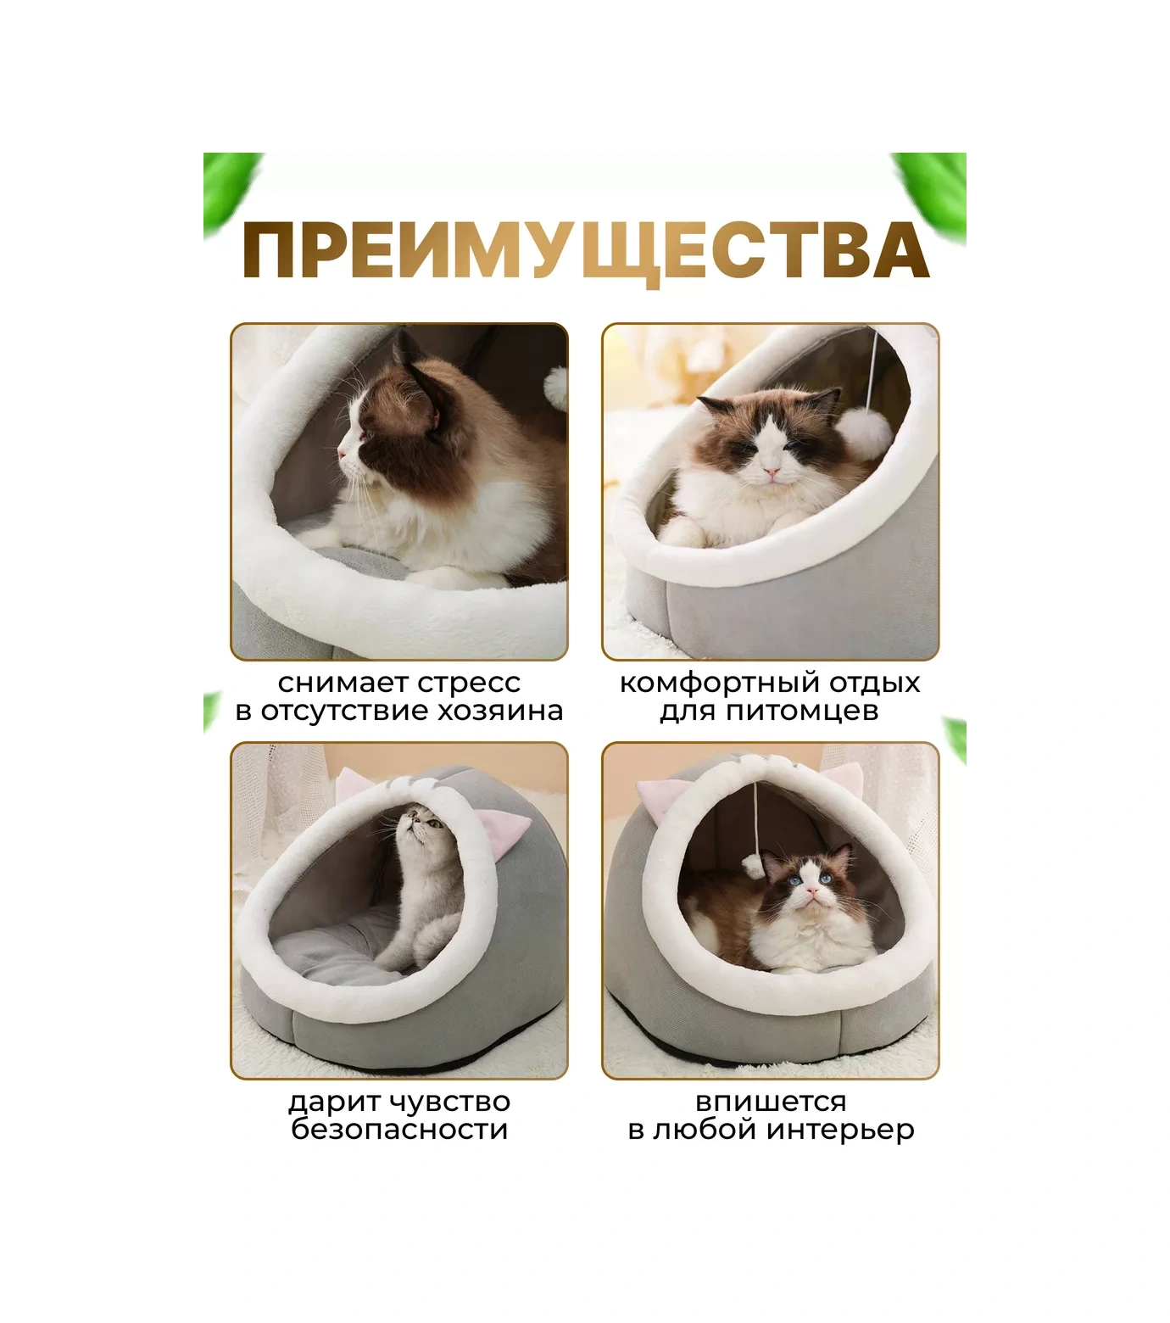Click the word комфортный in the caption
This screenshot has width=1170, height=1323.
(x=719, y=683)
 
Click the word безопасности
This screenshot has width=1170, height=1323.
(x=399, y=1130)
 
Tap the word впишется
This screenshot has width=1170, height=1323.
(x=771, y=1102)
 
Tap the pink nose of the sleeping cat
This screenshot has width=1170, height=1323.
(x=772, y=472)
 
